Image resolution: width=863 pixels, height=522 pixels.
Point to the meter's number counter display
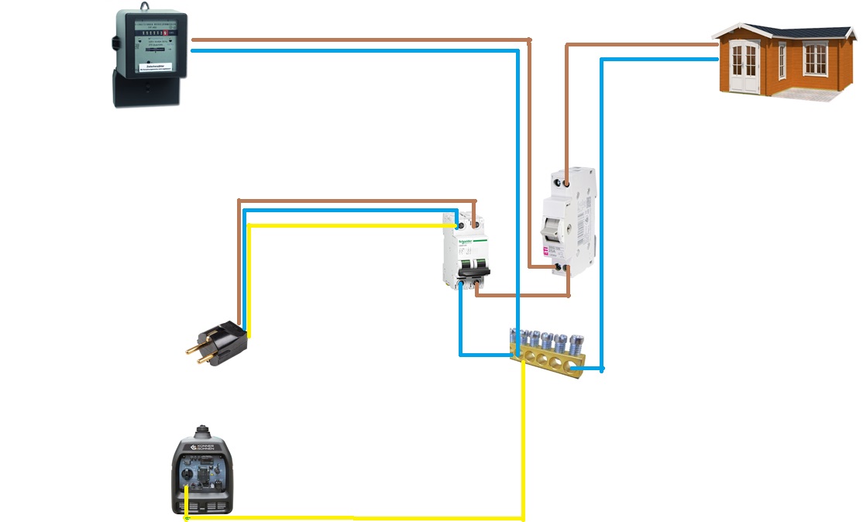pyautogui.click(x=152, y=32)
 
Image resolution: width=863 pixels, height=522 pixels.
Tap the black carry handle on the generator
pyautogui.click(x=203, y=431)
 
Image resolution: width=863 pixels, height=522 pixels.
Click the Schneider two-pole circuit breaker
pyautogui.click(x=466, y=251)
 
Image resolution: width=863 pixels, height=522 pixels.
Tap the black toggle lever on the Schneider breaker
pyautogui.click(x=468, y=271)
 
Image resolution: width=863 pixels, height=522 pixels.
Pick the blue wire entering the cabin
pyautogui.click(x=658, y=59)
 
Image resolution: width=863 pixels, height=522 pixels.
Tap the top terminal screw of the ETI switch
pyautogui.click(x=567, y=184)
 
